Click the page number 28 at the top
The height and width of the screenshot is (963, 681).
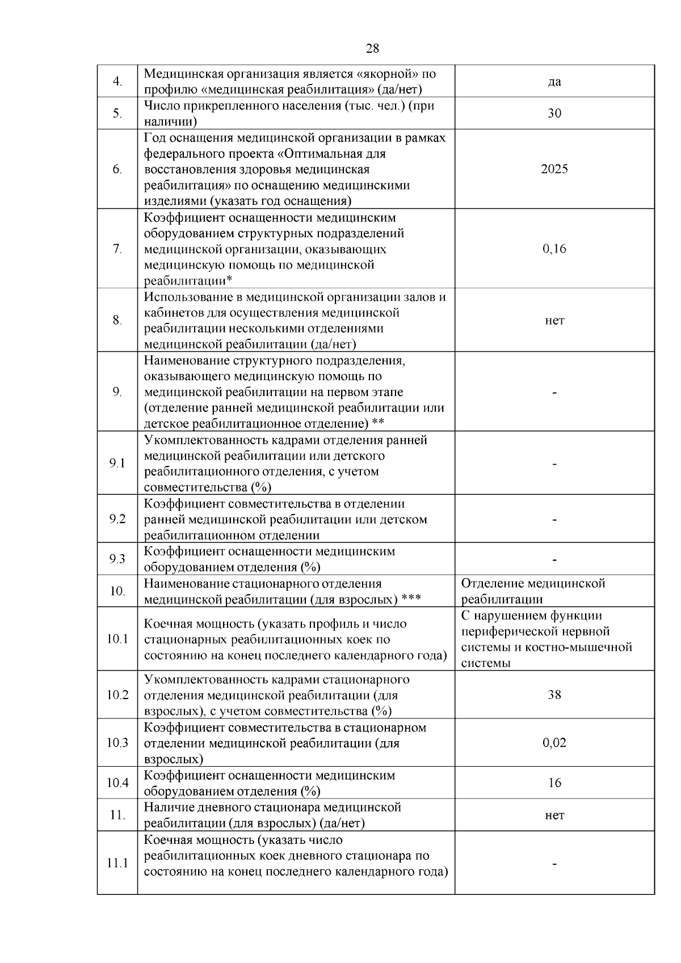[x=372, y=48]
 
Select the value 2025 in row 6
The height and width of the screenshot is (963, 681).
[x=554, y=169]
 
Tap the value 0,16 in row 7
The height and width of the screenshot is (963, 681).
[x=554, y=249]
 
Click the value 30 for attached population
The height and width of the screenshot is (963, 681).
[x=554, y=113]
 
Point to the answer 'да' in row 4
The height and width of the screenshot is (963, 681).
[x=554, y=82]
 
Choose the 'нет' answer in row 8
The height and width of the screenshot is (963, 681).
[x=554, y=321]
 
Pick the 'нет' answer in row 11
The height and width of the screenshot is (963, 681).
[x=554, y=815]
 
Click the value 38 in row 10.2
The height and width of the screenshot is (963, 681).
[x=554, y=695]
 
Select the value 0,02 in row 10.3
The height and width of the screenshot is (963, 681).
[x=554, y=743]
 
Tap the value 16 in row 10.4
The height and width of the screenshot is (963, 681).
[x=554, y=783]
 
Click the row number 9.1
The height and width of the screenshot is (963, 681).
[x=117, y=464]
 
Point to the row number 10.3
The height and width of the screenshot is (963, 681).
[x=117, y=743]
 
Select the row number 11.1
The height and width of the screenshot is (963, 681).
[x=117, y=863]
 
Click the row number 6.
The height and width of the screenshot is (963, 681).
[x=117, y=169]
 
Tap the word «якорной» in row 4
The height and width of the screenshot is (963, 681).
[x=388, y=74]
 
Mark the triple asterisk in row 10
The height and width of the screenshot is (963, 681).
[x=410, y=599]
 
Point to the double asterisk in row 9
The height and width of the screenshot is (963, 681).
[x=378, y=423]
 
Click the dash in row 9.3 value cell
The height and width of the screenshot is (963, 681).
[x=554, y=560]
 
